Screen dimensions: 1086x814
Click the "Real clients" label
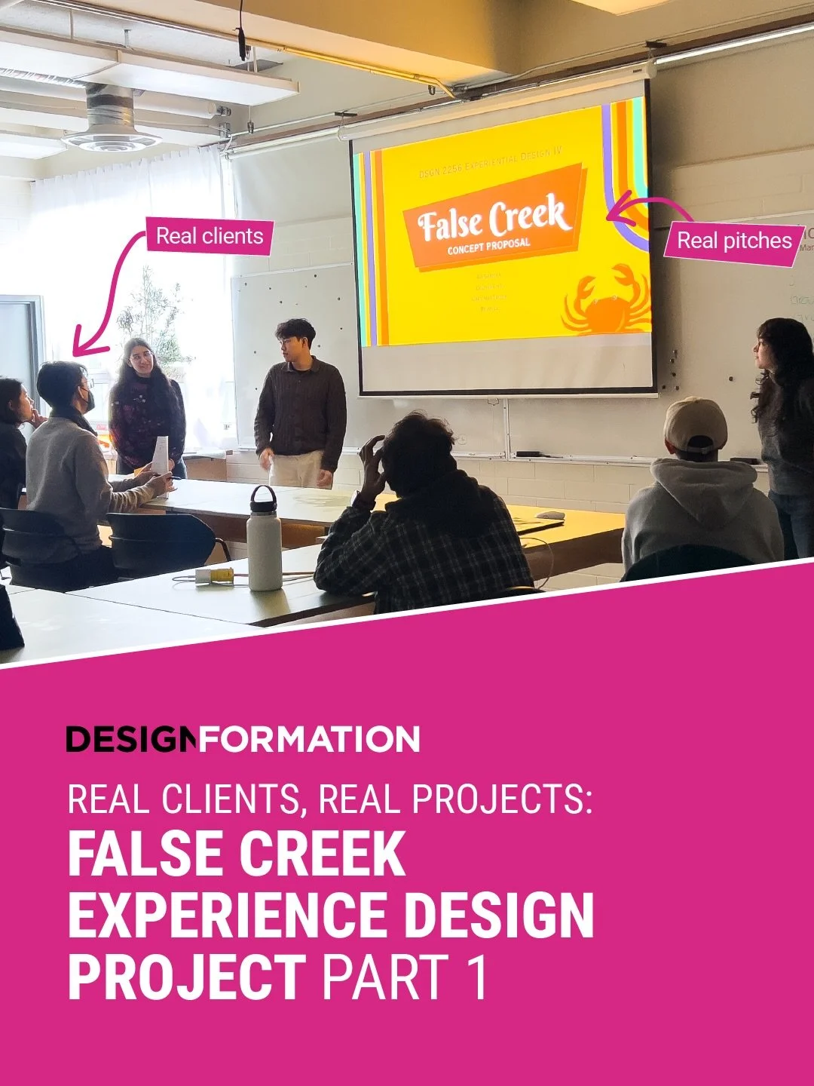click(x=209, y=236)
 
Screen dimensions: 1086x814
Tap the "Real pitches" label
click(x=733, y=241)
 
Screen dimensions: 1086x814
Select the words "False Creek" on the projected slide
click(x=491, y=219)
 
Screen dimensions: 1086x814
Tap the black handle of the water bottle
click(x=263, y=496)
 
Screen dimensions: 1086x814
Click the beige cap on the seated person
click(x=695, y=424)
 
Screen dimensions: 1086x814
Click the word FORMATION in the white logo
click(x=309, y=740)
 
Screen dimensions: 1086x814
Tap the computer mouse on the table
click(x=550, y=516)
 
